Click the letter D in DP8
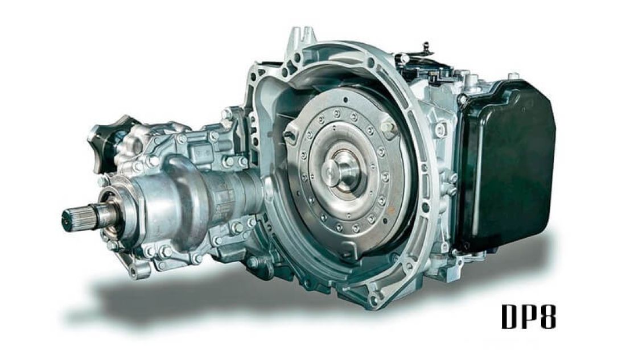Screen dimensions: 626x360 pyautogui.click(x=510, y=317)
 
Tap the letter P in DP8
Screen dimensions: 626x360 pyautogui.click(x=528, y=317)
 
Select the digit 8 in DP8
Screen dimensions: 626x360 pyautogui.click(x=546, y=317)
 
